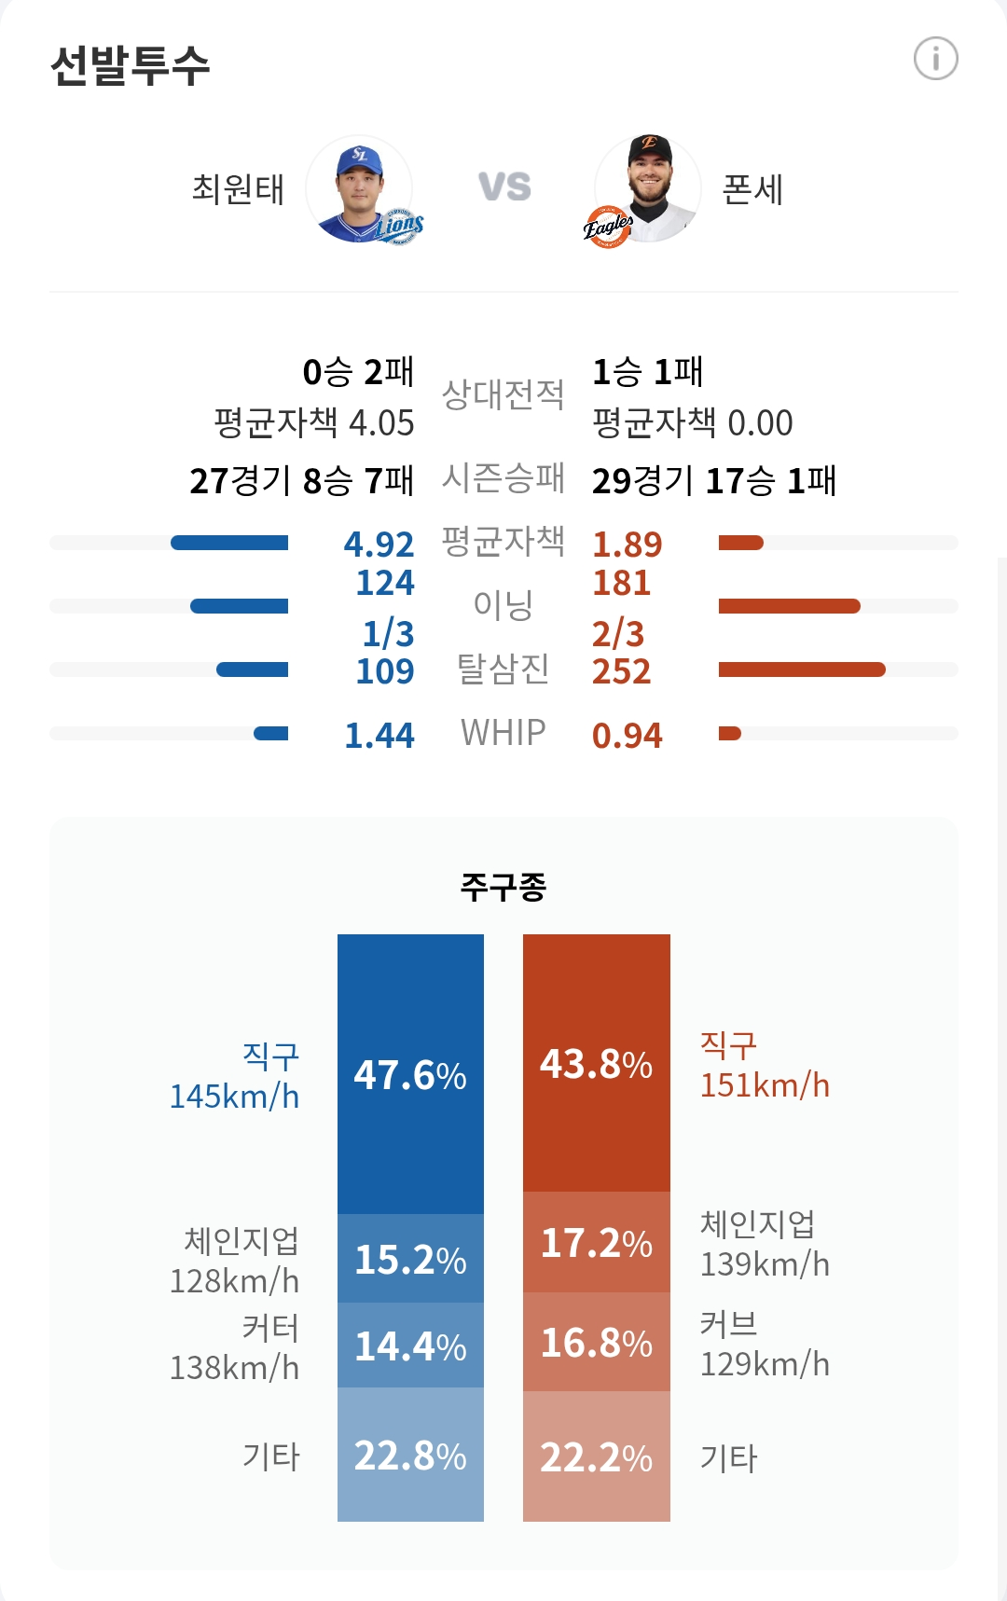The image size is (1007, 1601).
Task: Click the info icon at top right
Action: (935, 59)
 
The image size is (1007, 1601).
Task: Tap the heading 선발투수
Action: (131, 65)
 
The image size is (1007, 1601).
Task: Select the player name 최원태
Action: (238, 189)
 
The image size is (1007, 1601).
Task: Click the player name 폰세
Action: (752, 189)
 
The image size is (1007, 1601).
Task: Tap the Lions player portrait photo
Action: (360, 189)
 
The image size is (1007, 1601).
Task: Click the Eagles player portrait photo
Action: (648, 189)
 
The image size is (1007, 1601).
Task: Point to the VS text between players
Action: (504, 187)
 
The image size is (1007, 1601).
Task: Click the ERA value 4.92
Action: (379, 544)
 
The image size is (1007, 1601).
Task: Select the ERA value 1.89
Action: (627, 544)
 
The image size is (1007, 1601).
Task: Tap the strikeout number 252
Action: (621, 671)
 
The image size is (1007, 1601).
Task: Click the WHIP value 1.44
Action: (379, 736)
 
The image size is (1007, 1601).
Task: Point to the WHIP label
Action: (503, 733)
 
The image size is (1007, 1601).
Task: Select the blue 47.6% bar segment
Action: (410, 1074)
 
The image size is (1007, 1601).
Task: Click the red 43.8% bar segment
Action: (597, 1063)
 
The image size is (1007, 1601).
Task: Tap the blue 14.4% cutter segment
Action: (410, 1346)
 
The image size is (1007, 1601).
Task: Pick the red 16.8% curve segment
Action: (597, 1343)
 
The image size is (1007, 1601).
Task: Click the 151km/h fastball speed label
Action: (765, 1085)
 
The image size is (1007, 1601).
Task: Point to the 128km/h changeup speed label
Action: (234, 1281)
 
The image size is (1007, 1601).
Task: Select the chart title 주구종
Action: (503, 886)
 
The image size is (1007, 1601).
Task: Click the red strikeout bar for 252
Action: (802, 669)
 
